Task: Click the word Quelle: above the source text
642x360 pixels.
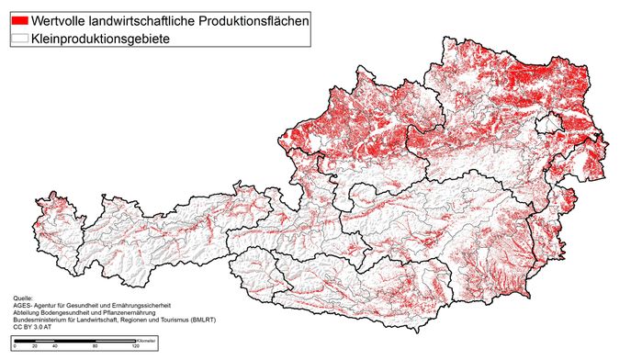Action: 23,298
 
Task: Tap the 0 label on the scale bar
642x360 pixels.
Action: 15,347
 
